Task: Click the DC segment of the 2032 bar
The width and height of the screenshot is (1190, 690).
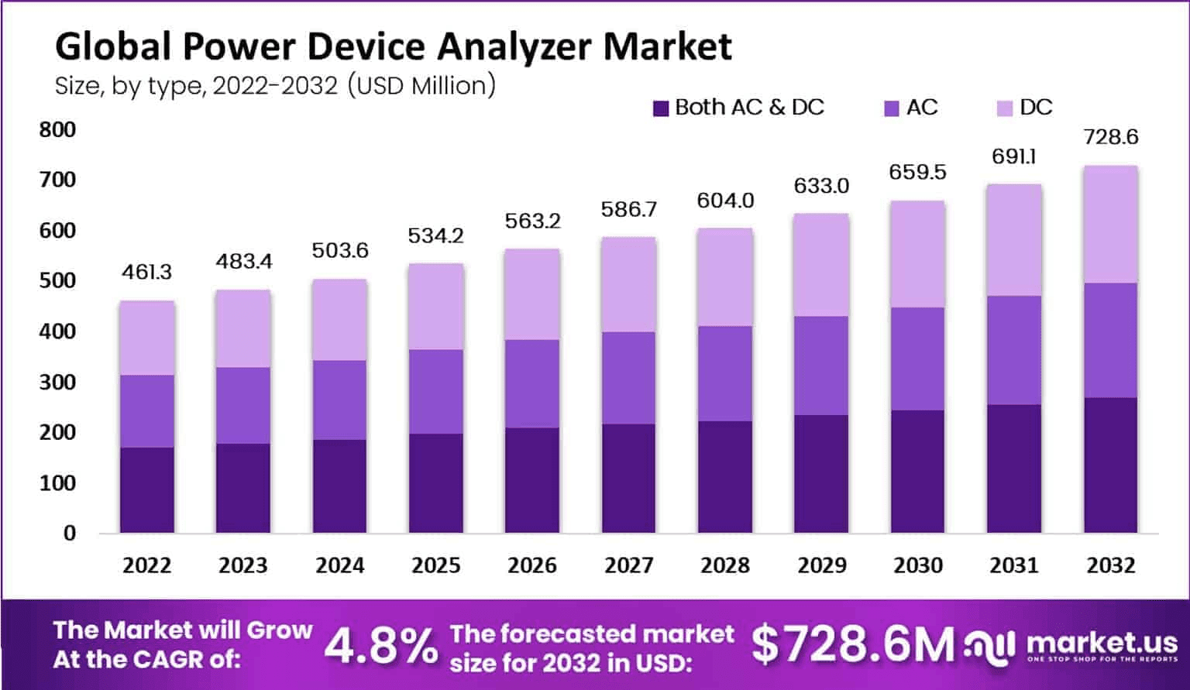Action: tap(1110, 225)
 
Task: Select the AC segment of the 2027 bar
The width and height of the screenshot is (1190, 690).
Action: tap(629, 378)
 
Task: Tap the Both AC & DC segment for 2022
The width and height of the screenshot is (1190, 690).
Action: tap(147, 489)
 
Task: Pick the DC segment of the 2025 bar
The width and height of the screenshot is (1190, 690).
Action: tap(436, 307)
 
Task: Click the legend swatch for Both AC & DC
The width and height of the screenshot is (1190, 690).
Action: tap(661, 108)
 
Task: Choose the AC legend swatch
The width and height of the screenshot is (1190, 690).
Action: tap(892, 108)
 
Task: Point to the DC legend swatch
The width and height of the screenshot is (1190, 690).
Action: tap(1005, 108)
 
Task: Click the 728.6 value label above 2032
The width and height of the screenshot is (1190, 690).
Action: tap(1110, 137)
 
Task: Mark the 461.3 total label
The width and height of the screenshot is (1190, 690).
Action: tap(147, 272)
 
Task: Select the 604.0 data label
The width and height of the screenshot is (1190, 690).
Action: tap(725, 201)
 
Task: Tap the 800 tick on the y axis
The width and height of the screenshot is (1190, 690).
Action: tap(58, 129)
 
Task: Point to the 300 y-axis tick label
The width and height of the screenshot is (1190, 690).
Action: tap(58, 382)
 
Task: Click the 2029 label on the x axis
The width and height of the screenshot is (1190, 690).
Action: tap(821, 565)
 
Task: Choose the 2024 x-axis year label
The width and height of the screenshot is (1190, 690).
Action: tap(339, 565)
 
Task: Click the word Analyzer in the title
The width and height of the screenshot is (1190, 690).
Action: tap(516, 46)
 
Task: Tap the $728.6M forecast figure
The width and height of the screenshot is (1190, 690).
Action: tap(852, 644)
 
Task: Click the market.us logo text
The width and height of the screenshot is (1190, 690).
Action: tap(1102, 642)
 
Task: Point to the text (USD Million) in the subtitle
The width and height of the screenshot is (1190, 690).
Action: tap(421, 85)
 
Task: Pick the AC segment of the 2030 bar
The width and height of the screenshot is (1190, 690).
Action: tap(917, 359)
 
